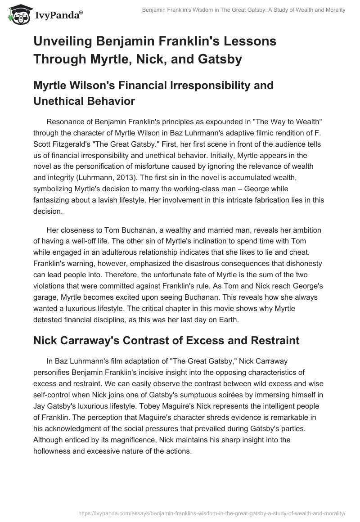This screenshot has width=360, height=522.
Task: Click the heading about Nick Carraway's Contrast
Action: (166, 340)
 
